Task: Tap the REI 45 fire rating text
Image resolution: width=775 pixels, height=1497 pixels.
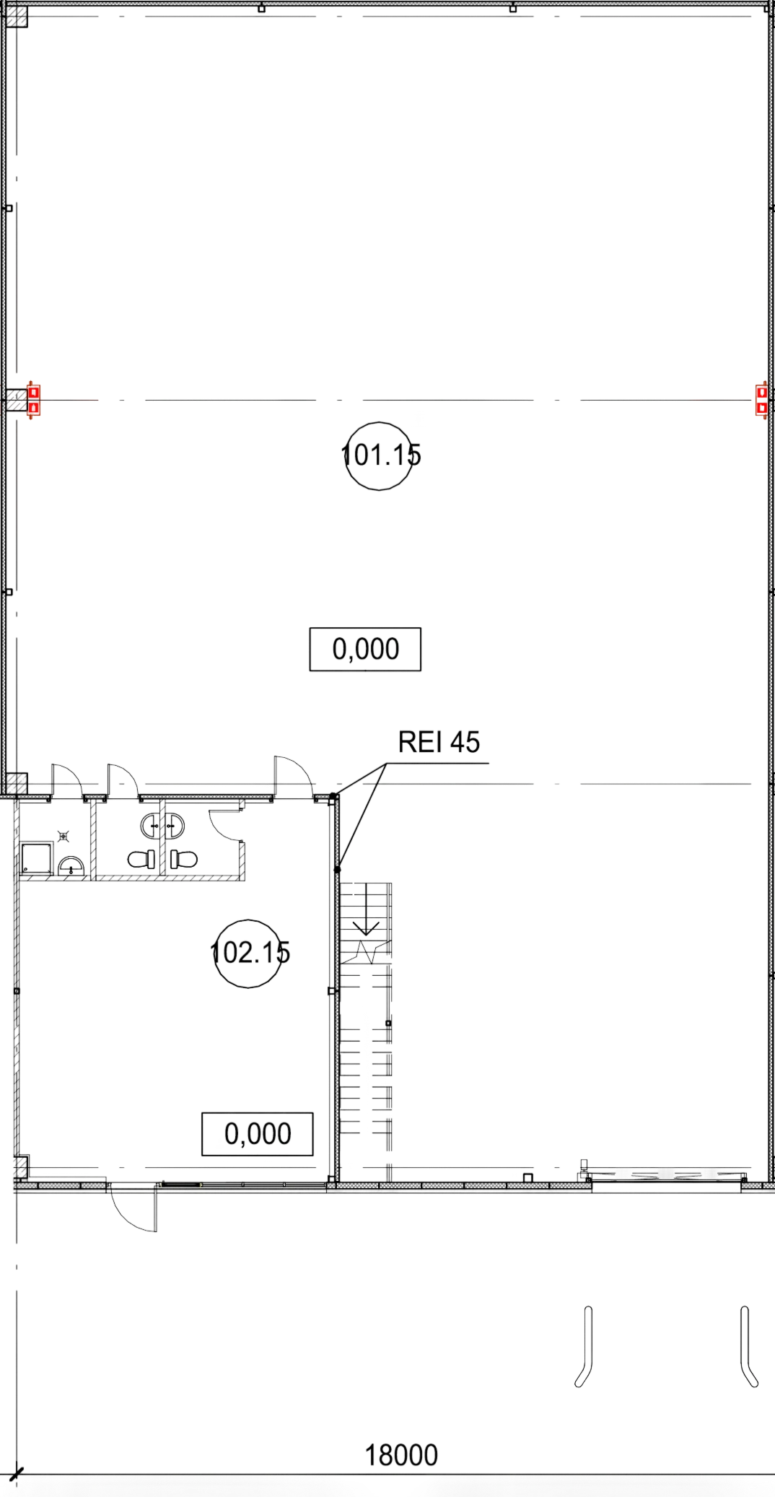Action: pyautogui.click(x=439, y=742)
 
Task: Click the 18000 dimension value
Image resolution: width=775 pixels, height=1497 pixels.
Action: pyautogui.click(x=401, y=1455)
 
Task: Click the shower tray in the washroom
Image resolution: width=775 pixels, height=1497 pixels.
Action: pyautogui.click(x=36, y=858)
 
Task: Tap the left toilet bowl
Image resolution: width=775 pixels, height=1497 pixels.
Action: pyautogui.click(x=141, y=859)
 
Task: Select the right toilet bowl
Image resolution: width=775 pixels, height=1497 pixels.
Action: pyautogui.click(x=184, y=859)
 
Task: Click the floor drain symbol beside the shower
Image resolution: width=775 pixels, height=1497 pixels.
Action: pyautogui.click(x=64, y=836)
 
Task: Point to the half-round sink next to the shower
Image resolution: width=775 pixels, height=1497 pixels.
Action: pyautogui.click(x=71, y=866)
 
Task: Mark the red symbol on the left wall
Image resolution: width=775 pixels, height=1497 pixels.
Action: pyautogui.click(x=33, y=399)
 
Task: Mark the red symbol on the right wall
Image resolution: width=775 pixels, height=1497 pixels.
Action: pyautogui.click(x=761, y=400)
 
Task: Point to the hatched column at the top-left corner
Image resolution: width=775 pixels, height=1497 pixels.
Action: pyautogui.click(x=17, y=17)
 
